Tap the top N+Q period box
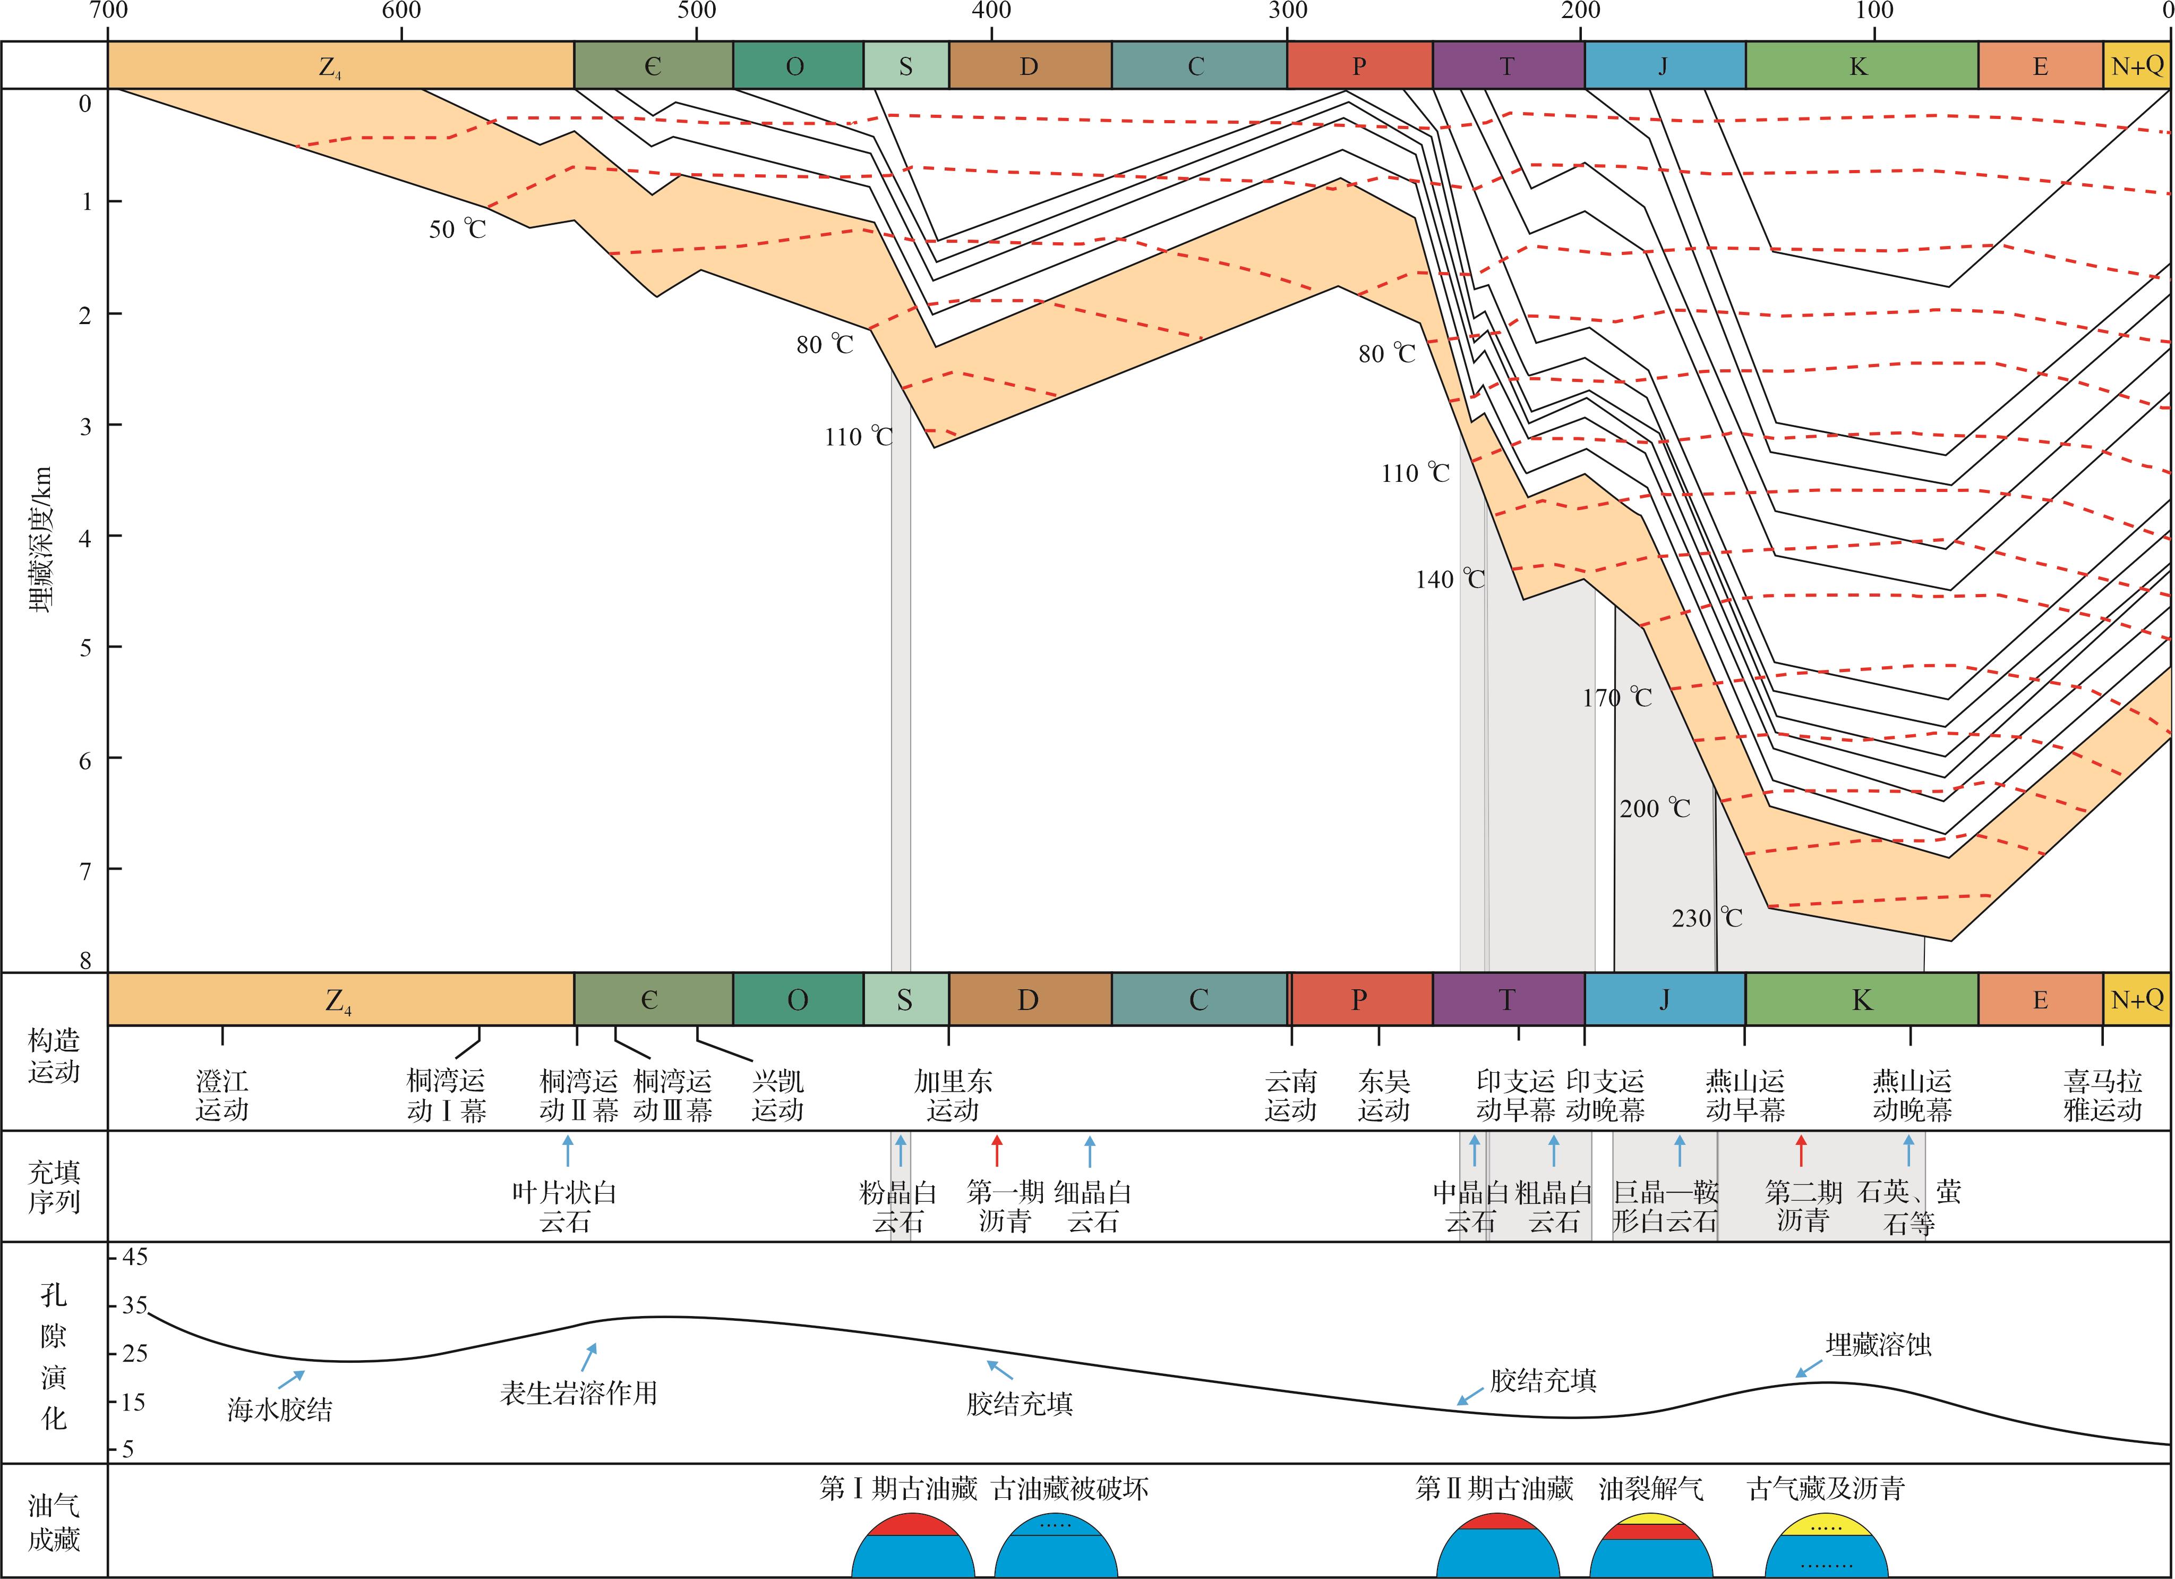(x=2138, y=65)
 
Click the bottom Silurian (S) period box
(x=905, y=999)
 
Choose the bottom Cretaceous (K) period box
(x=1861, y=999)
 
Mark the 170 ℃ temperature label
(x=1617, y=698)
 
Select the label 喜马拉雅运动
(x=2102, y=1096)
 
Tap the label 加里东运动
(x=952, y=1096)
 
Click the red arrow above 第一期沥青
(x=996, y=1149)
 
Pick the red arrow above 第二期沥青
(x=1800, y=1149)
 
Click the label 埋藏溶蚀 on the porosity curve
(x=1878, y=1345)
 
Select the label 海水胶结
(x=279, y=1409)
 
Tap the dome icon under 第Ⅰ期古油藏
(x=913, y=1547)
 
